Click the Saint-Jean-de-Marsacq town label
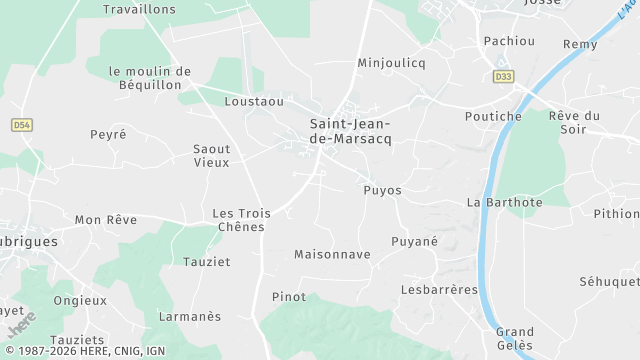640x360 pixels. tap(350, 131)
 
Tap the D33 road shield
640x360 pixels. tap(502, 76)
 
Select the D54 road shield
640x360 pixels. tap(21, 125)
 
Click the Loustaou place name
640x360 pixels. tap(255, 102)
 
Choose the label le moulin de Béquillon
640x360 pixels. tap(150, 78)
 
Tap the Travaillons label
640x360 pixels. tap(139, 9)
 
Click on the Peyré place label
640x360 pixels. tap(108, 134)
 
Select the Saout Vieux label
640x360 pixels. tap(211, 155)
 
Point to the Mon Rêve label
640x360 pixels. tap(105, 219)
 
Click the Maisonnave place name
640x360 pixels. tap(332, 255)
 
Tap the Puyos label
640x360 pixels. tap(382, 190)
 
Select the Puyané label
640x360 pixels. tap(414, 241)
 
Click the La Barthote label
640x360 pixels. tap(504, 202)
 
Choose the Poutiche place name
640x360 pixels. tap(493, 116)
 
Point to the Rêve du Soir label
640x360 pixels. tap(574, 122)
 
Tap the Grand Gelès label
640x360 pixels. tap(515, 338)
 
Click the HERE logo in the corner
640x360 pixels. tap(21, 324)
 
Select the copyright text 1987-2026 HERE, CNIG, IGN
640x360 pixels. tap(84, 351)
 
